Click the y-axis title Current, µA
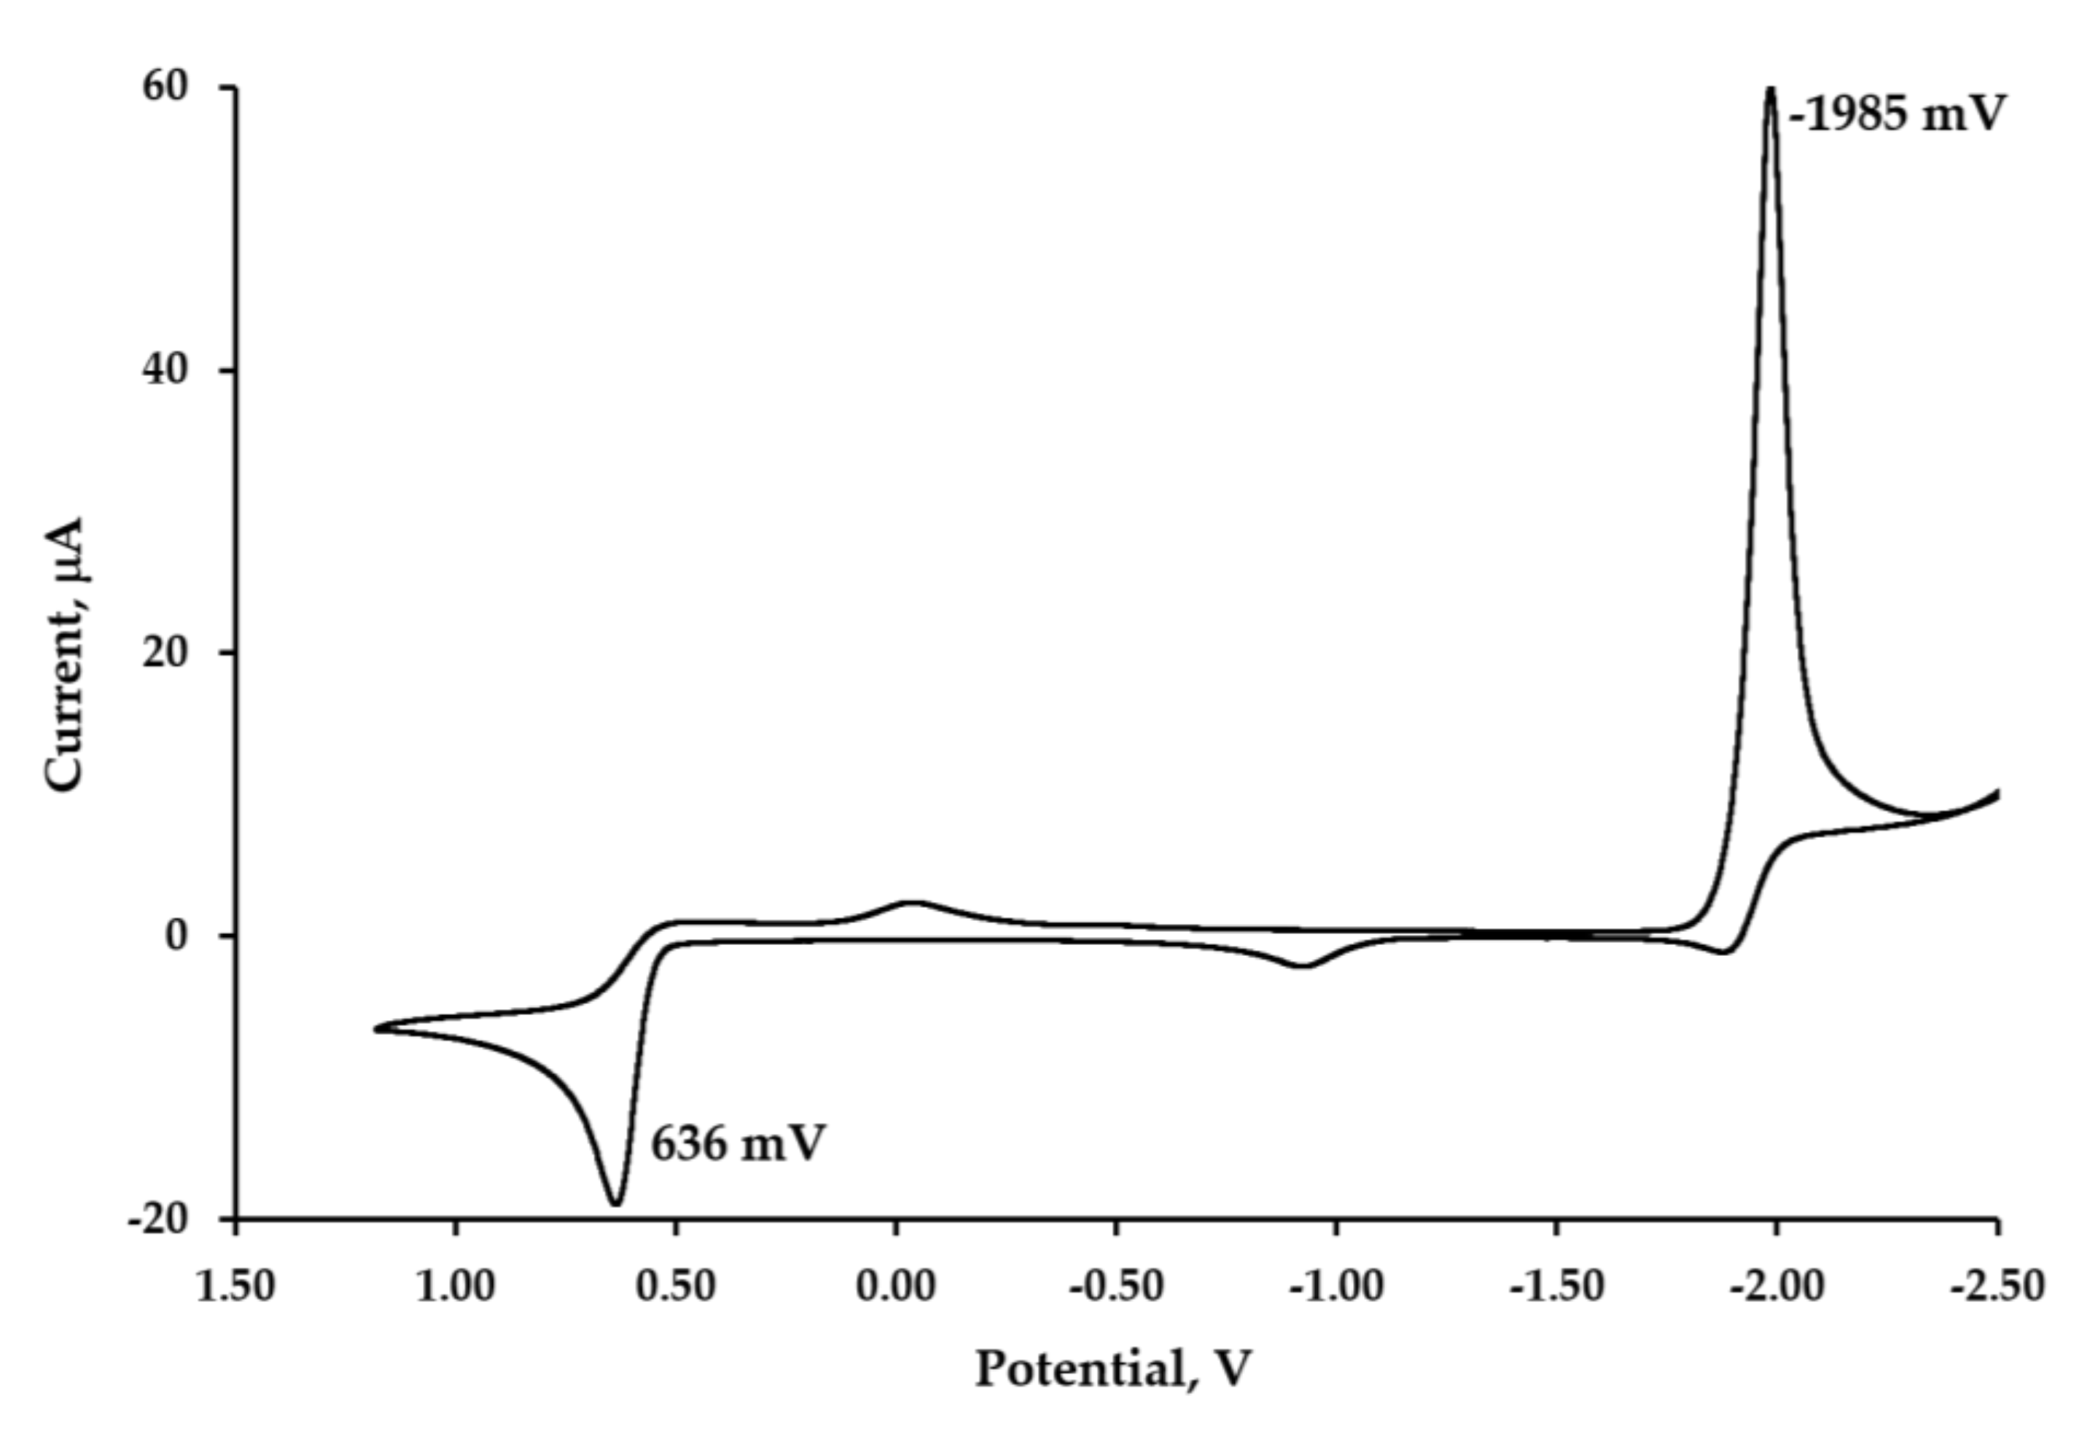[x=65, y=654]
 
